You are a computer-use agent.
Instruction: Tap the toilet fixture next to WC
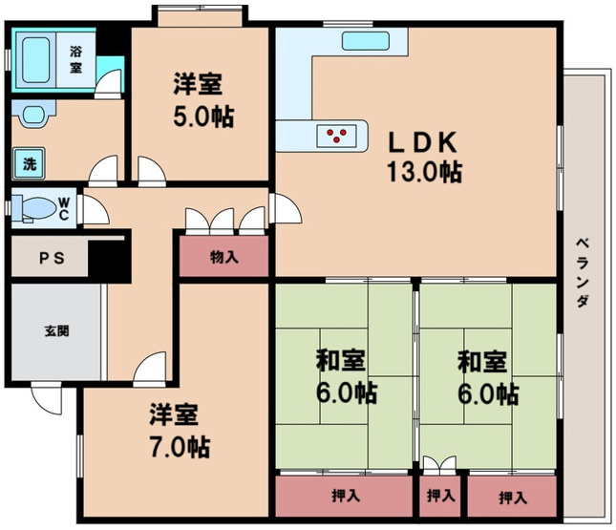(x=37, y=208)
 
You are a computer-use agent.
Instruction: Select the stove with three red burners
(x=339, y=137)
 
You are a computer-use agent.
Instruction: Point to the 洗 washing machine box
(x=30, y=163)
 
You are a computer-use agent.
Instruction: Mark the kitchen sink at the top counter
(x=363, y=41)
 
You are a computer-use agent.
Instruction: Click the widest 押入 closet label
(x=345, y=497)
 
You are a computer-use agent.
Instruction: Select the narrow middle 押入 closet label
(x=439, y=497)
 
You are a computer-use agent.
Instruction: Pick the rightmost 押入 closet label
(x=512, y=497)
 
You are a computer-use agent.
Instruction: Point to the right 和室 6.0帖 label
(x=488, y=377)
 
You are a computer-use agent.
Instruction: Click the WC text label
(x=62, y=208)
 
